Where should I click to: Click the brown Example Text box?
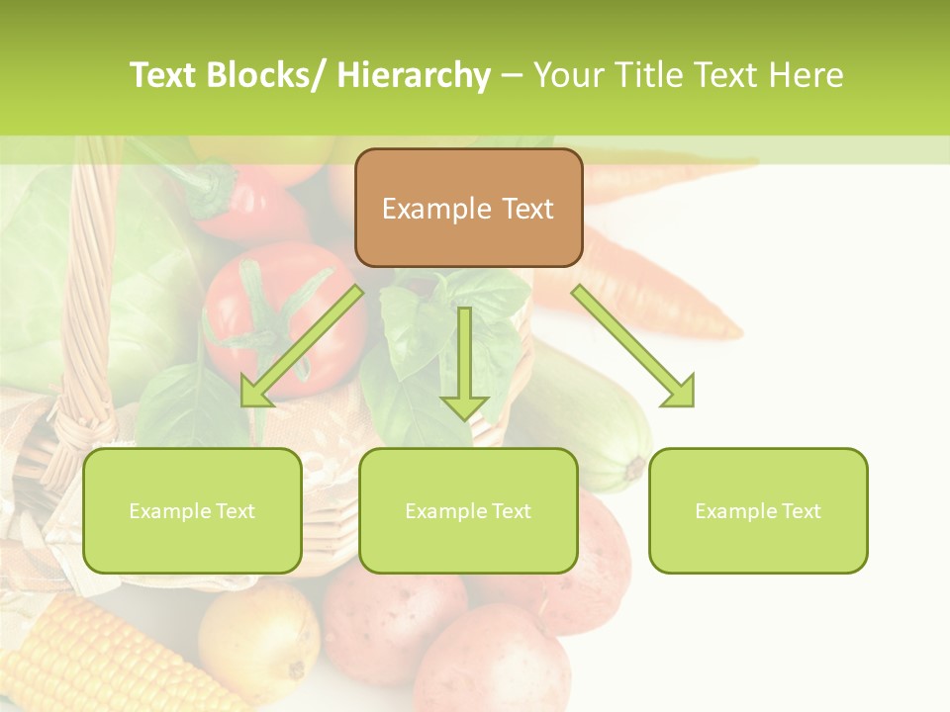click(x=468, y=208)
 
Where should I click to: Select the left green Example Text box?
click(x=192, y=510)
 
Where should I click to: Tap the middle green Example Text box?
click(x=468, y=510)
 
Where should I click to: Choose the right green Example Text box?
click(x=758, y=510)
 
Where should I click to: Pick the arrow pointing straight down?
click(x=464, y=361)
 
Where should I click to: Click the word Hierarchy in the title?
click(x=414, y=75)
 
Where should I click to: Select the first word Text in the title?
click(x=166, y=75)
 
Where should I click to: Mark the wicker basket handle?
click(x=89, y=297)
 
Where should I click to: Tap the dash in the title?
click(x=512, y=75)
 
